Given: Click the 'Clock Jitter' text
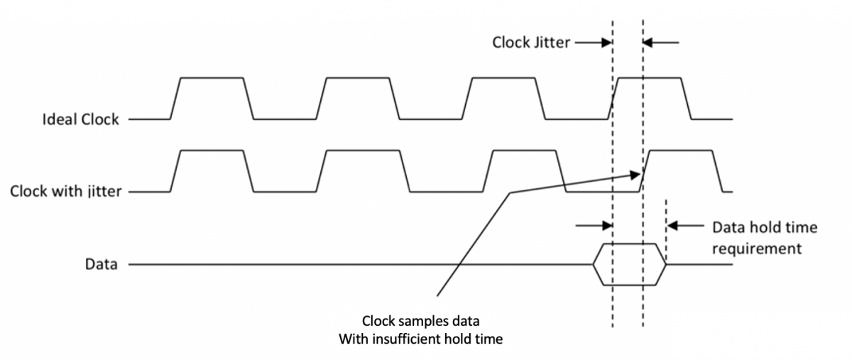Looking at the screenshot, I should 531,43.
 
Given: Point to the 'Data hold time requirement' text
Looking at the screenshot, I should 764,238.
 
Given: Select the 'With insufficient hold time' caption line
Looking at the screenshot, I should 420,339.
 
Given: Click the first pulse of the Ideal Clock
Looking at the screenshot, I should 212,97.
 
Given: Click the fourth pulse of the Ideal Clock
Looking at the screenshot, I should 650,97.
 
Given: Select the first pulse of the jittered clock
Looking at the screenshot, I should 212,170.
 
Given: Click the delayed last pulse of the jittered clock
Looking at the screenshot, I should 682,170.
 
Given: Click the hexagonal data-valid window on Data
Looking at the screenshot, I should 629,265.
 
